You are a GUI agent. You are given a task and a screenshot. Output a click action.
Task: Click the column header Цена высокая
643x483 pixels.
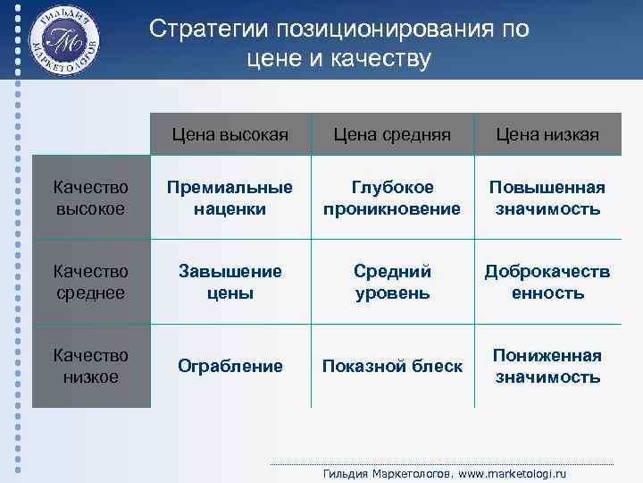point(230,134)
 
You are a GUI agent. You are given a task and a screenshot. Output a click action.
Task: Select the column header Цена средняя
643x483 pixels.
point(392,134)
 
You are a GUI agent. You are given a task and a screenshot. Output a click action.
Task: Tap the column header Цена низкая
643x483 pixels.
point(547,134)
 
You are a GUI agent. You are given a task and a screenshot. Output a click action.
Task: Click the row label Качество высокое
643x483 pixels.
point(90,198)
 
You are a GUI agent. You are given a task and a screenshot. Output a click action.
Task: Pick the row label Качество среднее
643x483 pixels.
point(90,282)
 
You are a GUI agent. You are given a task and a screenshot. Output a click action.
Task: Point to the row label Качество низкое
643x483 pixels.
point(90,366)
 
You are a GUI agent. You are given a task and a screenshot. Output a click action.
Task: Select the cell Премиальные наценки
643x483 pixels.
point(230,198)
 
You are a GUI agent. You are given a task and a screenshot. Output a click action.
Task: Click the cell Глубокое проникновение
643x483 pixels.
point(392,198)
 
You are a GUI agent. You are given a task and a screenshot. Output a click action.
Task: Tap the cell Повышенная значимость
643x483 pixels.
point(547,198)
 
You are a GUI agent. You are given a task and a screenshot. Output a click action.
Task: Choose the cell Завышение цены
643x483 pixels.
point(230,282)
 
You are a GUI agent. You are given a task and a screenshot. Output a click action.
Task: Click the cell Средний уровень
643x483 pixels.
point(392,282)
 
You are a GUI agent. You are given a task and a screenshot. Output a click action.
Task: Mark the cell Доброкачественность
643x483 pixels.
point(547,282)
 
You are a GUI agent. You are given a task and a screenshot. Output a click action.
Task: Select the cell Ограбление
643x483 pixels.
point(230,366)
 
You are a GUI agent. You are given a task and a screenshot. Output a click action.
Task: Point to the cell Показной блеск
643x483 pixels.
point(392,366)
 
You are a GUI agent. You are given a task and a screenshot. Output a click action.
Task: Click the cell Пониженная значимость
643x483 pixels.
point(547,366)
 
